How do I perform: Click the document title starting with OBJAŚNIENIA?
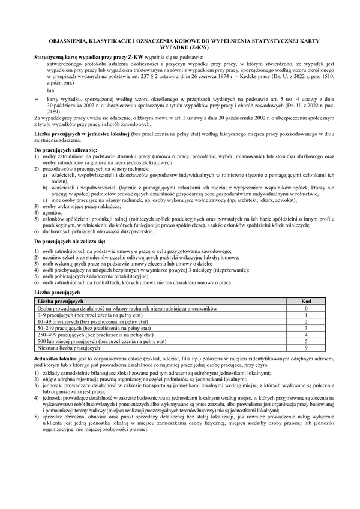[x=179, y=42]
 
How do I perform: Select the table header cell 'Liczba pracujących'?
[x=60, y=300]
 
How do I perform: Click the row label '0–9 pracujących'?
[x=84, y=314]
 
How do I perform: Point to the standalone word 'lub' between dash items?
[x=50, y=89]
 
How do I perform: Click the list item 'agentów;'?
[x=52, y=212]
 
